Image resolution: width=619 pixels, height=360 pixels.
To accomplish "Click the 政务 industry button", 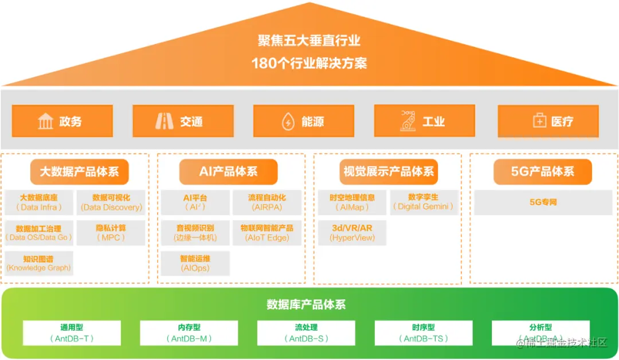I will (62, 121).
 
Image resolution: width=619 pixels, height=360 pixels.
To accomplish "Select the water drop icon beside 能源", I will (288, 122).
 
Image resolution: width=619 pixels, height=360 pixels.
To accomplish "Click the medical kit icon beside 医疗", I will (539, 122).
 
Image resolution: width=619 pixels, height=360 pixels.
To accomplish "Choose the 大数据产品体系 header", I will (79, 171).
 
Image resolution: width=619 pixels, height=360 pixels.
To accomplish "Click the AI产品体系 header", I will (228, 171).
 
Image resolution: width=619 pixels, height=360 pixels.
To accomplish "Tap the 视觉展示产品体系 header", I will (389, 171).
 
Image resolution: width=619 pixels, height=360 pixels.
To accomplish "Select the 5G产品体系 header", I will (542, 171).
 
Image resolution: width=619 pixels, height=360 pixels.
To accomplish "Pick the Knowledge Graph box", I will (39, 263).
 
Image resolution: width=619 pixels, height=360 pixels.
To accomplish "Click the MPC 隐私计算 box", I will (111, 233).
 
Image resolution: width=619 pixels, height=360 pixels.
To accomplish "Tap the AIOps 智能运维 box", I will (195, 263).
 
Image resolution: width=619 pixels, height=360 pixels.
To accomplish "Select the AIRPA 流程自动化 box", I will (267, 202).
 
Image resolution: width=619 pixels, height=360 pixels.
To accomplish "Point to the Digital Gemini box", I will (425, 202).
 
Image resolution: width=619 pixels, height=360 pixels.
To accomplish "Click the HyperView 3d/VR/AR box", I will (352, 233).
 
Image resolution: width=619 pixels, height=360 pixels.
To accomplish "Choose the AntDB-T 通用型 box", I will (72, 333).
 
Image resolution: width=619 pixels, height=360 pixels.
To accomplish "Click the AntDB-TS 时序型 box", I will (424, 333).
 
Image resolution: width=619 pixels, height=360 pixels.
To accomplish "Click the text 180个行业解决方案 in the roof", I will (309, 63).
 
